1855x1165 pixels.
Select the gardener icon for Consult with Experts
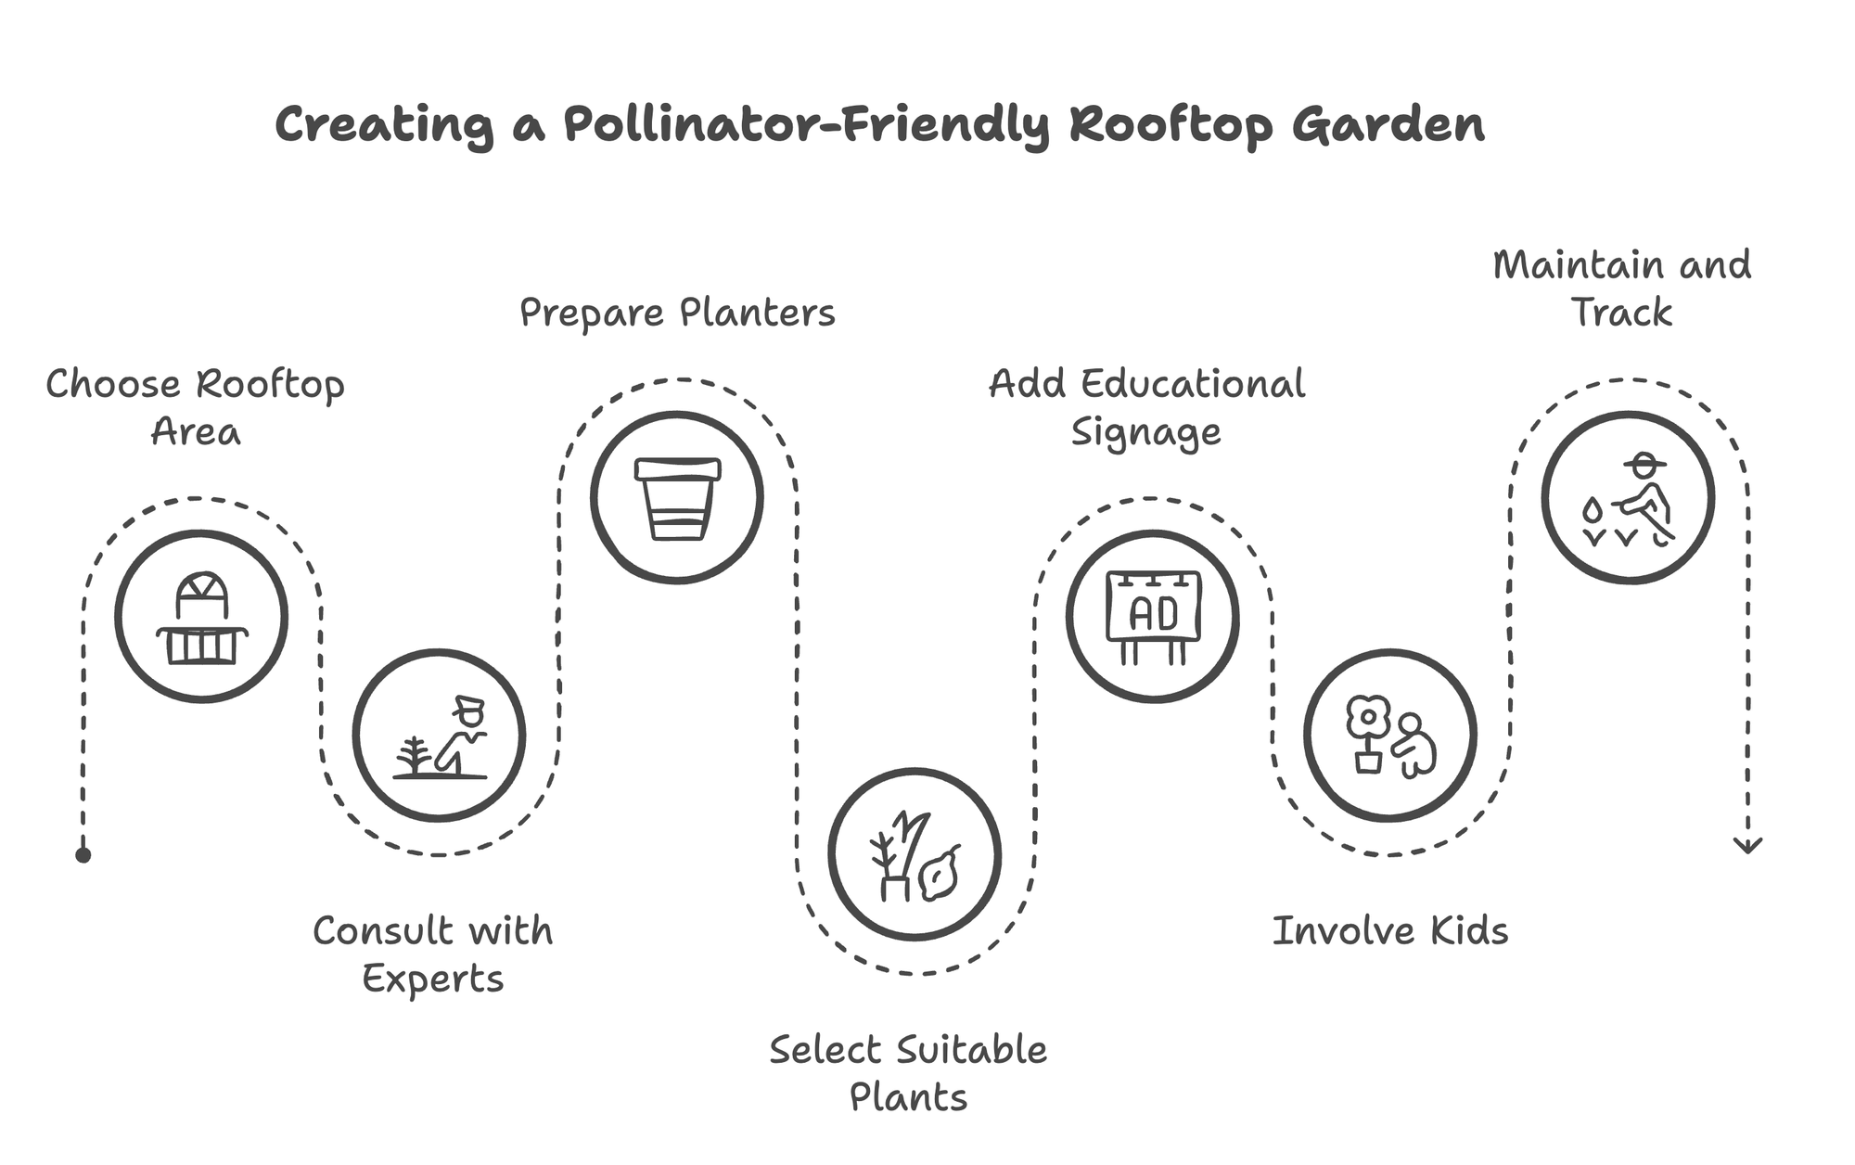point(439,736)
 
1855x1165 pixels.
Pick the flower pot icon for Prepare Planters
point(677,498)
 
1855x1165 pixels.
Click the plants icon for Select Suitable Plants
point(915,854)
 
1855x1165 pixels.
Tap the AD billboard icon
point(1153,617)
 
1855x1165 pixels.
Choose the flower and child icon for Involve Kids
point(1390,736)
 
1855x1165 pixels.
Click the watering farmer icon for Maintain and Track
point(1628,498)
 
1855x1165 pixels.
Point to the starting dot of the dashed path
point(83,855)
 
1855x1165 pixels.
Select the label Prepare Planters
point(677,314)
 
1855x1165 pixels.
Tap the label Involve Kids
point(1389,931)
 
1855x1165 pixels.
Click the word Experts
point(432,979)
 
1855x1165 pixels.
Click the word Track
point(1621,313)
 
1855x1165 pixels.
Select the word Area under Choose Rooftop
point(196,432)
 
